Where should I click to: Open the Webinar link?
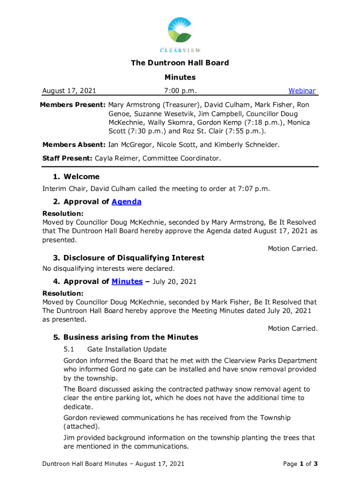pos(302,91)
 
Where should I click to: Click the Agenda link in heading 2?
pos(126,202)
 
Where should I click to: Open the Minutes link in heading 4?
pos(127,282)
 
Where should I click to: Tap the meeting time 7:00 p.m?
pos(180,91)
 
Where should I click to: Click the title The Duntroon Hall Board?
pos(180,63)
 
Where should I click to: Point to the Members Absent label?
pos(74,145)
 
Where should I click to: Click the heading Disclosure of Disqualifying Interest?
pos(134,258)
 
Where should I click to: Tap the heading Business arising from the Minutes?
pos(130,337)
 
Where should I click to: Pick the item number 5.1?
pos(69,349)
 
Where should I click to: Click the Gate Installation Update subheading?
pos(127,349)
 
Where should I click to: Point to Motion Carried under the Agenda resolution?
pos(292,249)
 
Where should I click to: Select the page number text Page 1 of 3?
pos(301,464)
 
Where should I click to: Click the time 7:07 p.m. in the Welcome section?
pos(254,189)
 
